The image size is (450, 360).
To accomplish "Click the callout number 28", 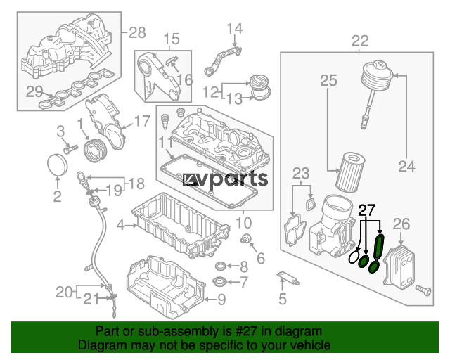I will click(137, 32).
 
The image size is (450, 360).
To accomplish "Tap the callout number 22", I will click(360, 40).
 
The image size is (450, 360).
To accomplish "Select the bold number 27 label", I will click(367, 210).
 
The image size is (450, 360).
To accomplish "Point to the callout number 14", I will click(234, 29).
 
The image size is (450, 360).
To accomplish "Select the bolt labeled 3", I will click(69, 149).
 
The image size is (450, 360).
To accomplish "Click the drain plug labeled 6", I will click(247, 242).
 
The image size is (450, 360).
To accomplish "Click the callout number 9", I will click(221, 300).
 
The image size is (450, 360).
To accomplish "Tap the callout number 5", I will click(283, 300).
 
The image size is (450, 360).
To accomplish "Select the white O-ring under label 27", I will click(354, 258).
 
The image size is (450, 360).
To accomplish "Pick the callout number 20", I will click(65, 292).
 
